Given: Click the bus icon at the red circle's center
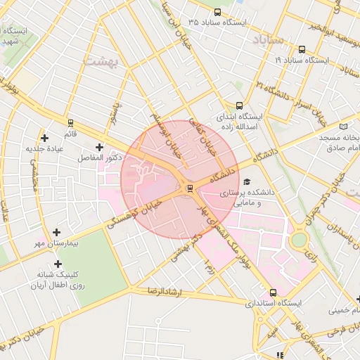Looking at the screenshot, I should click(189, 188).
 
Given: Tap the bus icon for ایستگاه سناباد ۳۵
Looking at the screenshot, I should click(217, 13).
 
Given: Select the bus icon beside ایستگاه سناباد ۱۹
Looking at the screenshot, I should click(302, 49).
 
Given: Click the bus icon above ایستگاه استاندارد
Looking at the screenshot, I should click(273, 292).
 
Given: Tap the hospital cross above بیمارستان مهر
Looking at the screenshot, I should click(57, 231).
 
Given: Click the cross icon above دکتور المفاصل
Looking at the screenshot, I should click(98, 147).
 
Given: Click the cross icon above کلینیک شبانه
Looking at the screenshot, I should click(58, 264).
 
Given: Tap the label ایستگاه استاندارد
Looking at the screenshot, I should click(273, 304).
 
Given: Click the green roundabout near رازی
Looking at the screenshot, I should click(300, 239).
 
